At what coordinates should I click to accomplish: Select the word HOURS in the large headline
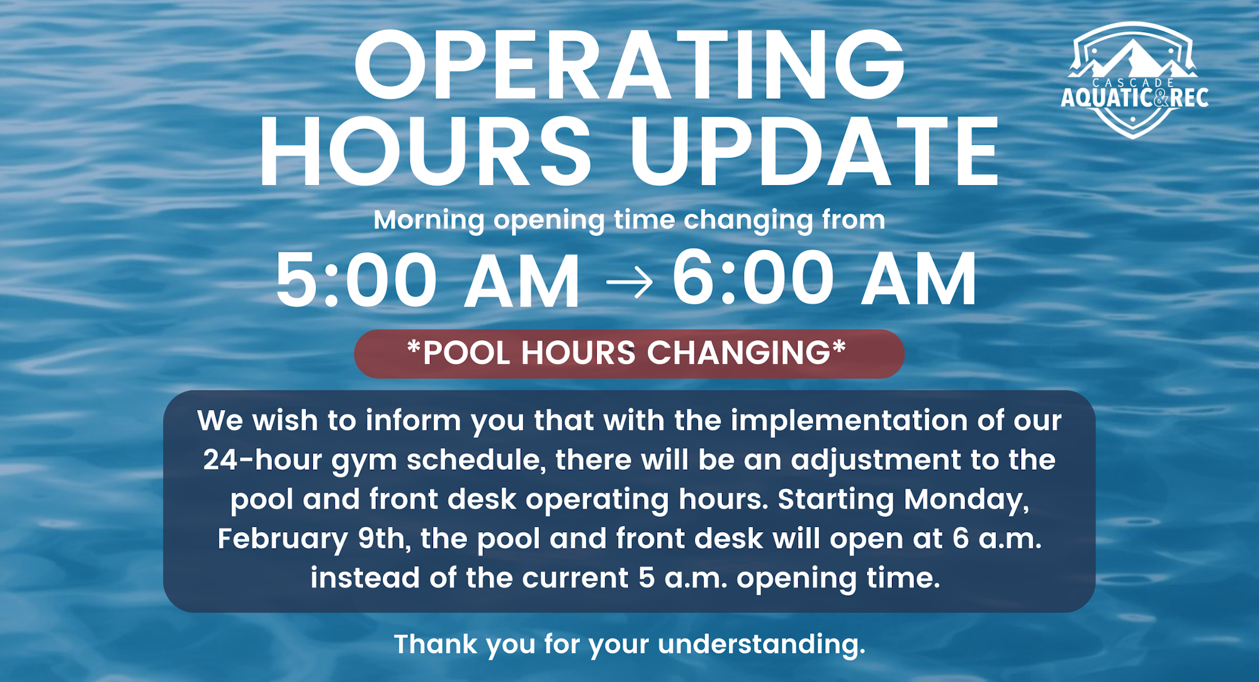click(x=426, y=152)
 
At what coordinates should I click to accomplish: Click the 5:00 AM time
click(x=427, y=280)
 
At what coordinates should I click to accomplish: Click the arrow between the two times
click(x=629, y=281)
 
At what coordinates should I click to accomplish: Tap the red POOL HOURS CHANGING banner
click(x=629, y=353)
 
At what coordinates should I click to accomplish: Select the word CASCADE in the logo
click(x=1133, y=83)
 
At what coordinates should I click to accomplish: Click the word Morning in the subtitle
click(x=429, y=220)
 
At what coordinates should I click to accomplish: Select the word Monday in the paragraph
click(x=966, y=499)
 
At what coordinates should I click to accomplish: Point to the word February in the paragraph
click(x=283, y=539)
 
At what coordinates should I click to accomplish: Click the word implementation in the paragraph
click(x=849, y=421)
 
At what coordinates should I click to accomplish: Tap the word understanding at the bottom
click(x=762, y=644)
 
